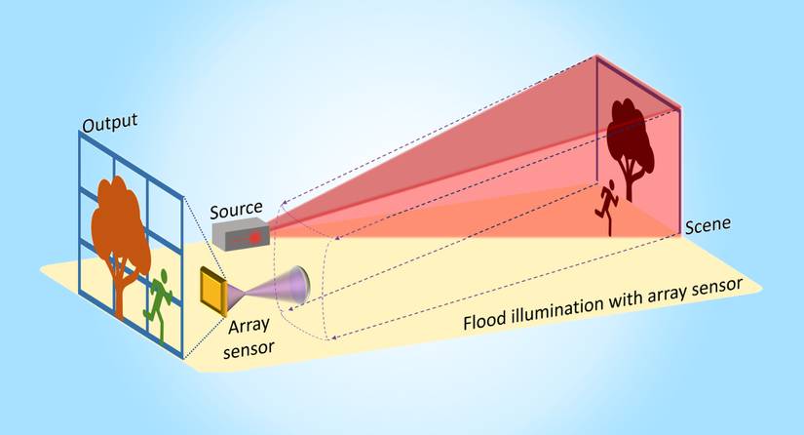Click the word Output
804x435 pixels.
(109, 124)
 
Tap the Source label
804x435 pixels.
(237, 208)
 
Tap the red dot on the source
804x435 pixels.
(256, 236)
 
